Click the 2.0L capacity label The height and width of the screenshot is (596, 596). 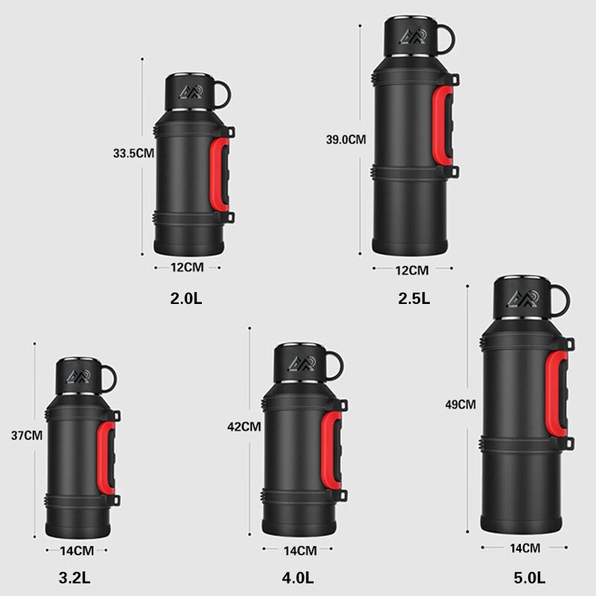click(x=186, y=299)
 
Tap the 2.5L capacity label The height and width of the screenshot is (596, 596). click(x=414, y=299)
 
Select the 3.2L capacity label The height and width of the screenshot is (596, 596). click(x=74, y=578)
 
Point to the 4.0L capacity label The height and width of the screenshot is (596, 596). click(x=297, y=578)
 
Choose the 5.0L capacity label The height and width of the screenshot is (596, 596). click(x=530, y=578)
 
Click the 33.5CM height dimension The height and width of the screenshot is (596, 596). click(x=133, y=153)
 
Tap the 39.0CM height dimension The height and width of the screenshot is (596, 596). click(x=346, y=139)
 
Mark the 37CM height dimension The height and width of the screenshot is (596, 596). click(x=27, y=435)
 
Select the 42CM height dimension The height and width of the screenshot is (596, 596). click(x=244, y=427)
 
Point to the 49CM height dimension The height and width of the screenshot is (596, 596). click(x=460, y=405)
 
